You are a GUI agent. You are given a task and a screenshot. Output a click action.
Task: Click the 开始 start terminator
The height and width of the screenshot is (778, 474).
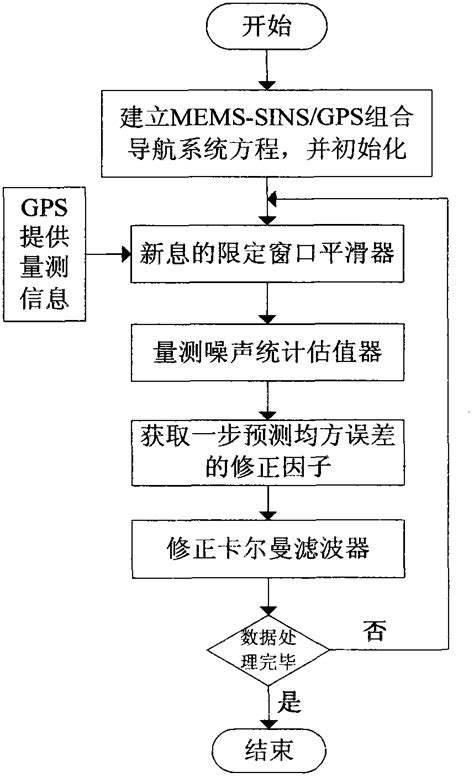(x=266, y=27)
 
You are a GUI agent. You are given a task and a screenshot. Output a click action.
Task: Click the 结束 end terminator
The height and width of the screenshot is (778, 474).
(x=267, y=748)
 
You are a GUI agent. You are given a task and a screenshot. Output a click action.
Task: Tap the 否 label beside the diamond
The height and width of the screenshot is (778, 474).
(x=380, y=630)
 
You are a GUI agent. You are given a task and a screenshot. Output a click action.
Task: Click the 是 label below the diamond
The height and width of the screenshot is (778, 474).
(x=290, y=703)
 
